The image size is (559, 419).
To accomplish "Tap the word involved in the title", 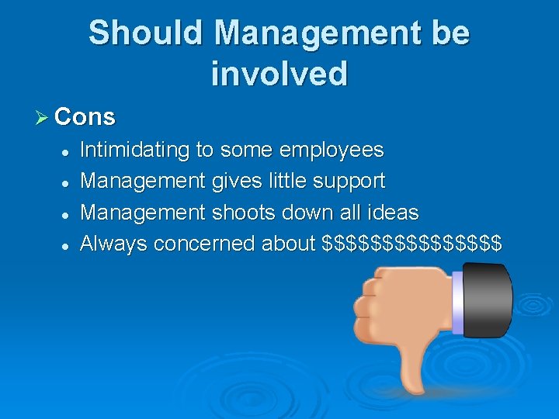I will [279, 74].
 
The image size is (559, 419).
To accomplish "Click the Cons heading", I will [85, 117].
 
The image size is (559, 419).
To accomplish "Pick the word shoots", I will [251, 213].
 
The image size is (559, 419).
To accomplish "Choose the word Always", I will [113, 244].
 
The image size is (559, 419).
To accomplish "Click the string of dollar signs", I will [411, 244].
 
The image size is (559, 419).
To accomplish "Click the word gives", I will [236, 182].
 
